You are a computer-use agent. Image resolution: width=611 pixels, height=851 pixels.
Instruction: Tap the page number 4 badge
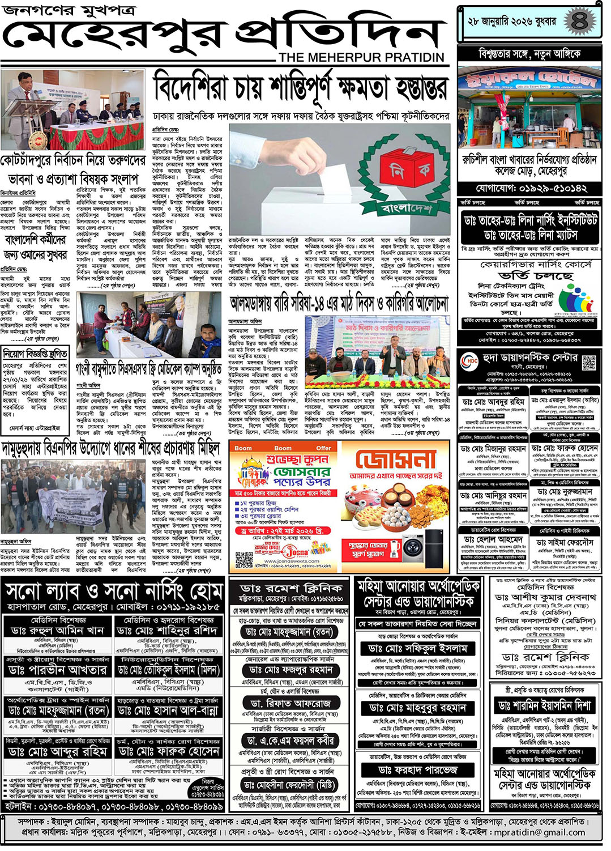click(x=579, y=22)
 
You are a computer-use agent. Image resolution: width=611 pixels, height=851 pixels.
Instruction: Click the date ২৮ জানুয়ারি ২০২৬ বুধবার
click(x=511, y=22)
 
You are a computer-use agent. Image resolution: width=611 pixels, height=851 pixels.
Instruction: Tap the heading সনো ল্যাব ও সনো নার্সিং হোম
click(x=113, y=592)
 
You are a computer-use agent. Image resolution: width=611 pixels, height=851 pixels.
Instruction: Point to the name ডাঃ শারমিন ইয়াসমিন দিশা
click(x=545, y=705)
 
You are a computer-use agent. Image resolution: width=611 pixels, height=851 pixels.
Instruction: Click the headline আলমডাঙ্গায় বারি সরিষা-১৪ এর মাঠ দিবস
click(x=339, y=303)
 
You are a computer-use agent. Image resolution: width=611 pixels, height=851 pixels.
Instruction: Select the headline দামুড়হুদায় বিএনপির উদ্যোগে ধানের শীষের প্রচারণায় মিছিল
click(x=110, y=448)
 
